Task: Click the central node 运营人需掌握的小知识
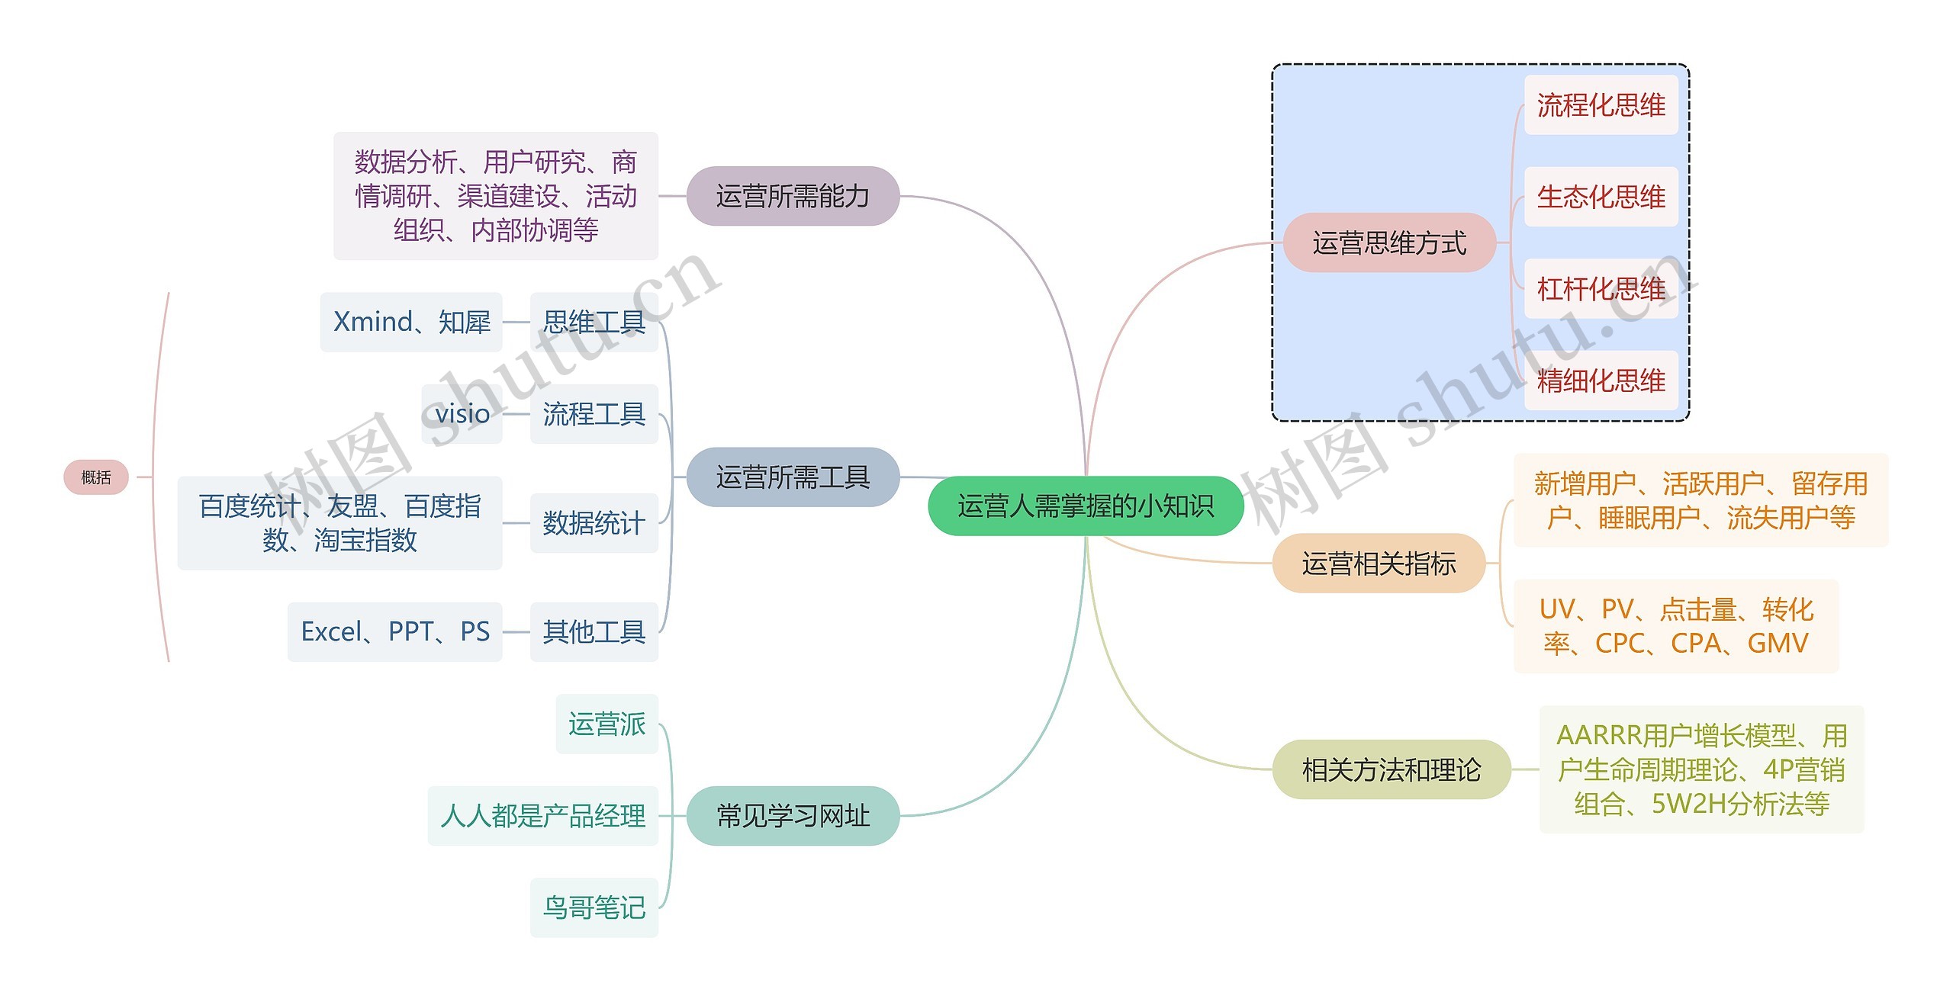(1085, 506)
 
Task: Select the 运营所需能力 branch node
(793, 196)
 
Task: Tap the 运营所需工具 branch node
(793, 477)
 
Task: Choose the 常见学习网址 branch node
(793, 816)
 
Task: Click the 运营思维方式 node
(1388, 243)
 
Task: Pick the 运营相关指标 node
(1379, 564)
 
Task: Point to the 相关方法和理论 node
(1391, 770)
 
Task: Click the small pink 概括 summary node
(96, 477)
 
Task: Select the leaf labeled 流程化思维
(1601, 105)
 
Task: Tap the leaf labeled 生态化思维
(1601, 197)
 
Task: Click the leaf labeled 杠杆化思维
(1601, 289)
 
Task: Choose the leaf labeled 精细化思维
(1601, 381)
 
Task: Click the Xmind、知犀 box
(411, 322)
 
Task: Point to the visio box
(462, 414)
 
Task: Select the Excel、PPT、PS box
(395, 631)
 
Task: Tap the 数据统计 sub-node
(594, 523)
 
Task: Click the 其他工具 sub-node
(594, 631)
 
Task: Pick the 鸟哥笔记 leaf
(594, 907)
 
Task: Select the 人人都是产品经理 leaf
(542, 816)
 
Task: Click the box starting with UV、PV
(1675, 626)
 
